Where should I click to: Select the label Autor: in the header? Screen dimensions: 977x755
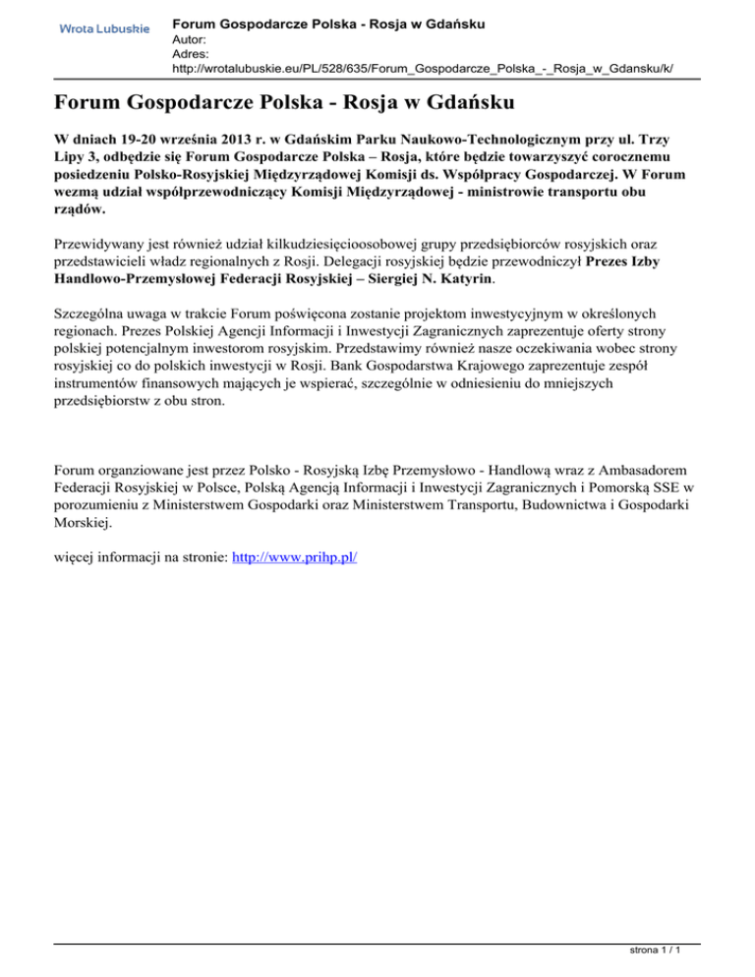[190, 39]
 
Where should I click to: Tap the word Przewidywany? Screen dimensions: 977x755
[99, 242]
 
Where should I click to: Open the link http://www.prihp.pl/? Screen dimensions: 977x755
[294, 557]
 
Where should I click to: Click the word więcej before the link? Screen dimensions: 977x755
[80, 557]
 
